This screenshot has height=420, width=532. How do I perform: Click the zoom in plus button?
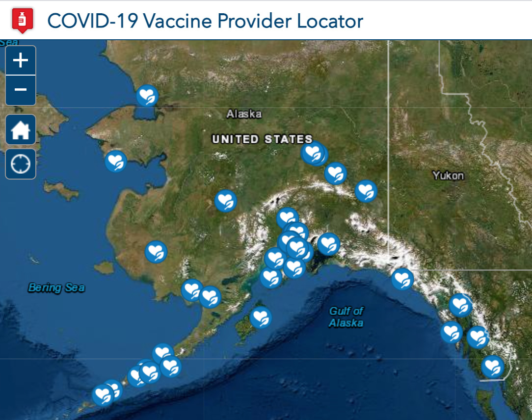[x=20, y=61]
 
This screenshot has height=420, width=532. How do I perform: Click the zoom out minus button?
[x=20, y=90]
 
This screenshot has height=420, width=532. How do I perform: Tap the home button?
[x=21, y=130]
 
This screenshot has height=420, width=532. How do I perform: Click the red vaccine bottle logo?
[x=22, y=21]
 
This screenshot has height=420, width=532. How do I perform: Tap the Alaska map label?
[x=244, y=114]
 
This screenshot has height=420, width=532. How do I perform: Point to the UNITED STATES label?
[x=262, y=139]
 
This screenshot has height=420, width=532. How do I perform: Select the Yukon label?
[x=448, y=175]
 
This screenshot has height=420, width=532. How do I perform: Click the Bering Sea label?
[x=56, y=288]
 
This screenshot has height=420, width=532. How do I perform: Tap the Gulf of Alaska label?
[x=346, y=316]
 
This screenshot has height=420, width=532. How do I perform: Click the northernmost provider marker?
[x=147, y=96]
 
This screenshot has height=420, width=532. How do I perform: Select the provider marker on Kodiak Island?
[x=261, y=317]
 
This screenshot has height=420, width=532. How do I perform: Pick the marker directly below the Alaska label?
[x=226, y=200]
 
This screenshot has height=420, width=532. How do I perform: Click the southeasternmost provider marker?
[x=492, y=367]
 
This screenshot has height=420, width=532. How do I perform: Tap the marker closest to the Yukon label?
[x=366, y=191]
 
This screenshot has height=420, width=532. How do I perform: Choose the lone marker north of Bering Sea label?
[x=156, y=252]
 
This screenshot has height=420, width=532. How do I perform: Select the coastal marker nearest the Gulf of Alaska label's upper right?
[x=402, y=279]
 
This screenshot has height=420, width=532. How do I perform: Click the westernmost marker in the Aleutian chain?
[x=103, y=394]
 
